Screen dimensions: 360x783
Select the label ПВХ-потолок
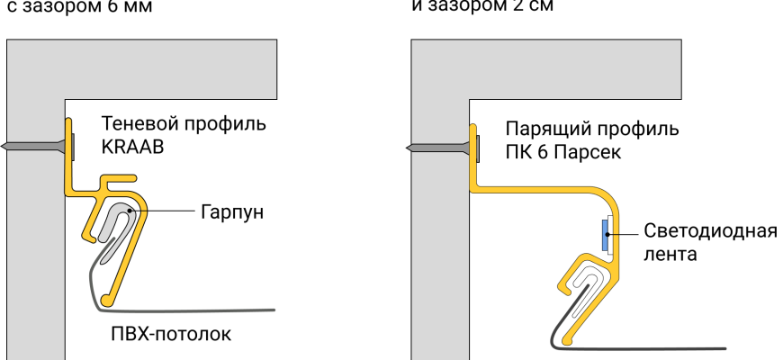tap(171, 336)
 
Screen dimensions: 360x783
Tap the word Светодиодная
tap(710, 230)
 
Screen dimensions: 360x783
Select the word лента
tap(670, 254)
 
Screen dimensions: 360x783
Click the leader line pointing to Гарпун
tap(166, 211)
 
